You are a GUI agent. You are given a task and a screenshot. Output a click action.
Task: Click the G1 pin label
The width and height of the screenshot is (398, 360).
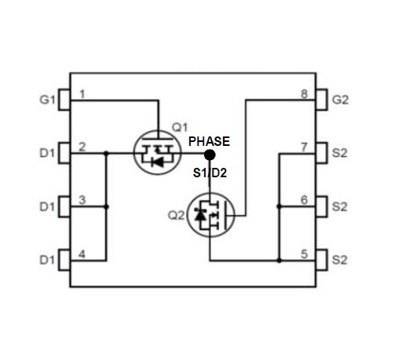pyautogui.click(x=47, y=100)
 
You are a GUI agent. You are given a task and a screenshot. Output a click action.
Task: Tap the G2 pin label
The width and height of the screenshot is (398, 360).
pyautogui.click(x=340, y=100)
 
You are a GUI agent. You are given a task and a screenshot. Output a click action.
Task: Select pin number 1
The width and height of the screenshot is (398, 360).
pyautogui.click(x=82, y=94)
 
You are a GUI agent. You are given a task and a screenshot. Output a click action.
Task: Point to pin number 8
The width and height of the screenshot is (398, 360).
pyautogui.click(x=304, y=94)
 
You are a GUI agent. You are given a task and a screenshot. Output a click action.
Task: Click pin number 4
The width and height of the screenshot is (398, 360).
pyautogui.click(x=82, y=254)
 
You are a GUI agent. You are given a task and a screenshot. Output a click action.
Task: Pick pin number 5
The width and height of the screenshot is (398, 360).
pyautogui.click(x=304, y=254)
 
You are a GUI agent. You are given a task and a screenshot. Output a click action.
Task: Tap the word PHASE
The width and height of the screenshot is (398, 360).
pyautogui.click(x=209, y=141)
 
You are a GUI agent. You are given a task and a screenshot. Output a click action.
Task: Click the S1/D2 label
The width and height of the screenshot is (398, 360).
pyautogui.click(x=210, y=173)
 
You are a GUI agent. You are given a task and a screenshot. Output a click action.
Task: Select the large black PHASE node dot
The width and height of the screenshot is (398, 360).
pyautogui.click(x=210, y=155)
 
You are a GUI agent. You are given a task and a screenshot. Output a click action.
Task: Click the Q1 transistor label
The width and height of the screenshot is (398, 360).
pyautogui.click(x=180, y=127)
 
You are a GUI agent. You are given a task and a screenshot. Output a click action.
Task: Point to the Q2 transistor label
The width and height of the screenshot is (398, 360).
pyautogui.click(x=176, y=216)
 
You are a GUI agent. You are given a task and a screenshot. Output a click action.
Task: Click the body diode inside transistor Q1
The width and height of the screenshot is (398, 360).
pyautogui.click(x=157, y=162)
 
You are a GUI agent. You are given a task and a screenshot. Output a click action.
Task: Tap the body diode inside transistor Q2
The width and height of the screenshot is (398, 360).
pyautogui.click(x=200, y=215)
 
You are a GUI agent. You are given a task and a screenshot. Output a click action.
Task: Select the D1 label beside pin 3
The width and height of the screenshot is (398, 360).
pyautogui.click(x=47, y=207)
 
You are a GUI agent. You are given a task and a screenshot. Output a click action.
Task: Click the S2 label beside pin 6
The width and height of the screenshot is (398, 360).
pyautogui.click(x=340, y=207)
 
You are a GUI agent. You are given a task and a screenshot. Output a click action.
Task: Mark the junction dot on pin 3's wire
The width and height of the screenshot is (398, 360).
pyautogui.click(x=106, y=207)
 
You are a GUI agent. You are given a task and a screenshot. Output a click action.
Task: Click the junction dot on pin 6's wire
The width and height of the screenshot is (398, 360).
pyautogui.click(x=279, y=206)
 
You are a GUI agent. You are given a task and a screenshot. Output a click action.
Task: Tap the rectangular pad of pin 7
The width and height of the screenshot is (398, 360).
pyautogui.click(x=322, y=153)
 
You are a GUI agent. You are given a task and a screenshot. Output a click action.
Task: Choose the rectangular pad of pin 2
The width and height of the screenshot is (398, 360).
pyautogui.click(x=64, y=153)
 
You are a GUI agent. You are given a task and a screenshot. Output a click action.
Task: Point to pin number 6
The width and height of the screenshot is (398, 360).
pyautogui.click(x=304, y=200)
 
